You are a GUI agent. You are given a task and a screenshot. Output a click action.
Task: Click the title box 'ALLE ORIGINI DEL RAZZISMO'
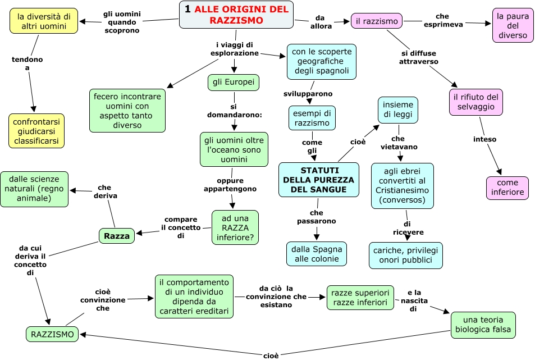point(236,15)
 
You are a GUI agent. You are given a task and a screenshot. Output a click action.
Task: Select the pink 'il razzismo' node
point(377,21)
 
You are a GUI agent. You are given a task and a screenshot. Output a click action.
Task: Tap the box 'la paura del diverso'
point(513,25)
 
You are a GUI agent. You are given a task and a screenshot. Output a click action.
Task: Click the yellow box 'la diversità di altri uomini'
point(44,21)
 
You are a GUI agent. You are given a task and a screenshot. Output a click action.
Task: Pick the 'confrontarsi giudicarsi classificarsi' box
point(36,131)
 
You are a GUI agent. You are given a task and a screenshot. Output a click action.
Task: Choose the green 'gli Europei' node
point(234,83)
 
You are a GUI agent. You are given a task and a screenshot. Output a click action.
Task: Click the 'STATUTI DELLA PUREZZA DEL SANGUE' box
point(318,180)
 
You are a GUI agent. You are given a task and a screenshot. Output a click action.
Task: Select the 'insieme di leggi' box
point(398,110)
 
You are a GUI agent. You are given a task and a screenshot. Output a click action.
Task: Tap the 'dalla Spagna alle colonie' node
point(317,253)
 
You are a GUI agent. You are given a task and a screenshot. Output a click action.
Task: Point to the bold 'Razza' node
point(117,236)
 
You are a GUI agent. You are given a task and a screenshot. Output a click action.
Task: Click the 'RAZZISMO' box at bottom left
point(52,334)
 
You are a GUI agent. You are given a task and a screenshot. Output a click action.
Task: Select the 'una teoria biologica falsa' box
point(483,325)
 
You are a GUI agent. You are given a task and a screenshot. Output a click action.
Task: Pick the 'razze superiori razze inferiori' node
point(360,298)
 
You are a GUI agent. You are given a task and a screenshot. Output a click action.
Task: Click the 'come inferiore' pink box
point(507,188)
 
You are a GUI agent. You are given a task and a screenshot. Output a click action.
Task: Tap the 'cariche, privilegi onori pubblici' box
point(405,255)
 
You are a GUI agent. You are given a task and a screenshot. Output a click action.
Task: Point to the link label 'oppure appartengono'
point(230,185)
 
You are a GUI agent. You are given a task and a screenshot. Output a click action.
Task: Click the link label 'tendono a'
point(27,63)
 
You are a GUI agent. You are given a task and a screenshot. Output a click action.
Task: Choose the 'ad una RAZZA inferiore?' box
point(235,227)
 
